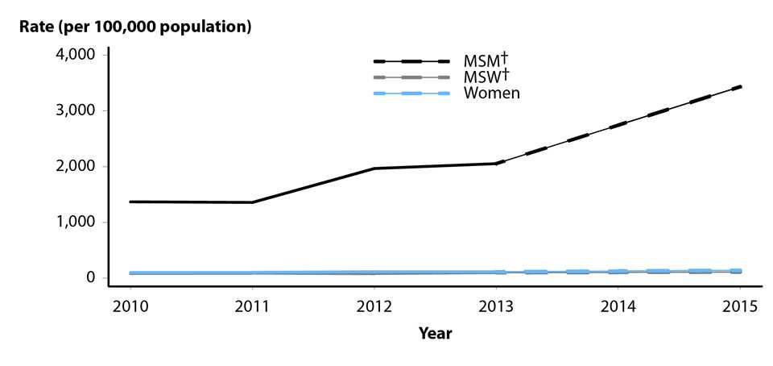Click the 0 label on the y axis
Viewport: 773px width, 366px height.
pyautogui.click(x=91, y=277)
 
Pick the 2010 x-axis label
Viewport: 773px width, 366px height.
pyautogui.click(x=130, y=307)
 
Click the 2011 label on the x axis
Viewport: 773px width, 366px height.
pyautogui.click(x=252, y=307)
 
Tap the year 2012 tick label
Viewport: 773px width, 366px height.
pyautogui.click(x=374, y=307)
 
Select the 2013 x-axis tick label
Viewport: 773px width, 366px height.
pyautogui.click(x=497, y=307)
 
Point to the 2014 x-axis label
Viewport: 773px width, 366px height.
pyautogui.click(x=619, y=307)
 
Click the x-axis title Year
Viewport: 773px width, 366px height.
pyautogui.click(x=435, y=333)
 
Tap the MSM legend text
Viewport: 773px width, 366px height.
pyautogui.click(x=482, y=61)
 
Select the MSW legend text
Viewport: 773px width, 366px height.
pyautogui.click(x=482, y=77)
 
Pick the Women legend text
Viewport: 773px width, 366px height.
pyautogui.click(x=491, y=94)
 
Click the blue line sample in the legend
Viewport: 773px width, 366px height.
pyautogui.click(x=411, y=94)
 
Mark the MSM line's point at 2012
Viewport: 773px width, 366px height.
pyautogui.click(x=374, y=168)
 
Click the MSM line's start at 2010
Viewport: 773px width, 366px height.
pyautogui.click(x=130, y=202)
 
